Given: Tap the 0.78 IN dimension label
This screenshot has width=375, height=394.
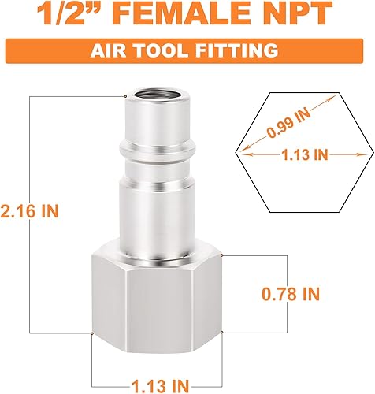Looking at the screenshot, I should tap(290, 295).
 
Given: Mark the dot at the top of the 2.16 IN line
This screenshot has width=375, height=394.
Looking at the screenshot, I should tap(125, 96).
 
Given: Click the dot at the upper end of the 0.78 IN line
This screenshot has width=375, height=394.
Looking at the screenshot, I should tap(223, 256).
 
